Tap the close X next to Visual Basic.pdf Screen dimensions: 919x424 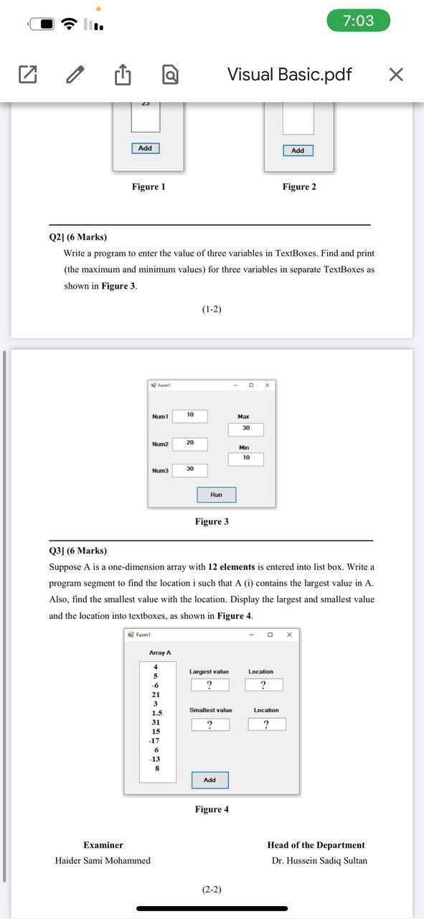395,74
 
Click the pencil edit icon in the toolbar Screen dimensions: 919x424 75,74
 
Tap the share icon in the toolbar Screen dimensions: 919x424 123,74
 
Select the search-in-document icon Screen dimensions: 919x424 170,74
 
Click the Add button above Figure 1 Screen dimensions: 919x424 145,148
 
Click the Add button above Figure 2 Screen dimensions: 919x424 298,150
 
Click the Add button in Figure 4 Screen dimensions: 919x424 209,780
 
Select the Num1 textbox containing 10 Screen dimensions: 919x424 190,416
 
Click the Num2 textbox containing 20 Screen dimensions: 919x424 190,444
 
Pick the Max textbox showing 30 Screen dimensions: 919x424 246,429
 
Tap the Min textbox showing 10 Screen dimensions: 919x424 246,458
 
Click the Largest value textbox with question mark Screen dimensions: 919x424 209,685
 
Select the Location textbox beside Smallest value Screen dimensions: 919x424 266,724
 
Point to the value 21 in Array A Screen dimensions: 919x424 156,694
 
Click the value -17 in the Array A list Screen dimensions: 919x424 154,740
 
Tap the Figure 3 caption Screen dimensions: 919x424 212,521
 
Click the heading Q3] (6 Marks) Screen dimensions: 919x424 77,551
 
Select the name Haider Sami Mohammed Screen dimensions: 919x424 103,860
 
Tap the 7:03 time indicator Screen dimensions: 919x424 358,21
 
